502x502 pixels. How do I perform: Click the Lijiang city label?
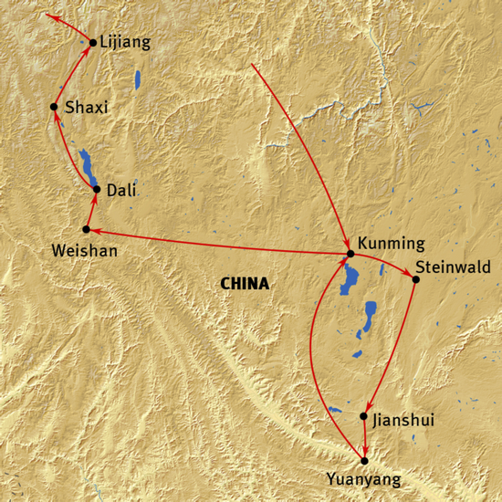tap(126, 42)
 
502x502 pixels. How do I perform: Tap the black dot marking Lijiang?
tap(93, 42)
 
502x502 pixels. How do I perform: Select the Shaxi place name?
tap(87, 108)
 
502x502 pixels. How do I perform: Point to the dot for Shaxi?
tap(55, 108)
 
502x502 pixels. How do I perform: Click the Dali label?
tap(122, 190)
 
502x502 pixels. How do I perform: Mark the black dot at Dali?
tap(97, 189)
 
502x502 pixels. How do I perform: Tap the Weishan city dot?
tap(86, 229)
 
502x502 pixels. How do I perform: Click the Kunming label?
tap(392, 244)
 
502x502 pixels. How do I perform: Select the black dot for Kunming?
tap(350, 254)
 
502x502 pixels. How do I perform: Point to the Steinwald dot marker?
tap(415, 278)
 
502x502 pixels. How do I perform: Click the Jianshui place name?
tap(403, 420)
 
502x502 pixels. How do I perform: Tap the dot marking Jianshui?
tap(364, 416)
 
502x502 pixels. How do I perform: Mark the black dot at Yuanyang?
tap(364, 461)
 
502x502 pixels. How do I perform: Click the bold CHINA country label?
tap(245, 284)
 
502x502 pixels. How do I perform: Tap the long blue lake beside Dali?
tap(87, 165)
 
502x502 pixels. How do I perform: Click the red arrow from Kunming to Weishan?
tap(219, 242)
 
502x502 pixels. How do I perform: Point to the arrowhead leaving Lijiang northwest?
tap(51, 17)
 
